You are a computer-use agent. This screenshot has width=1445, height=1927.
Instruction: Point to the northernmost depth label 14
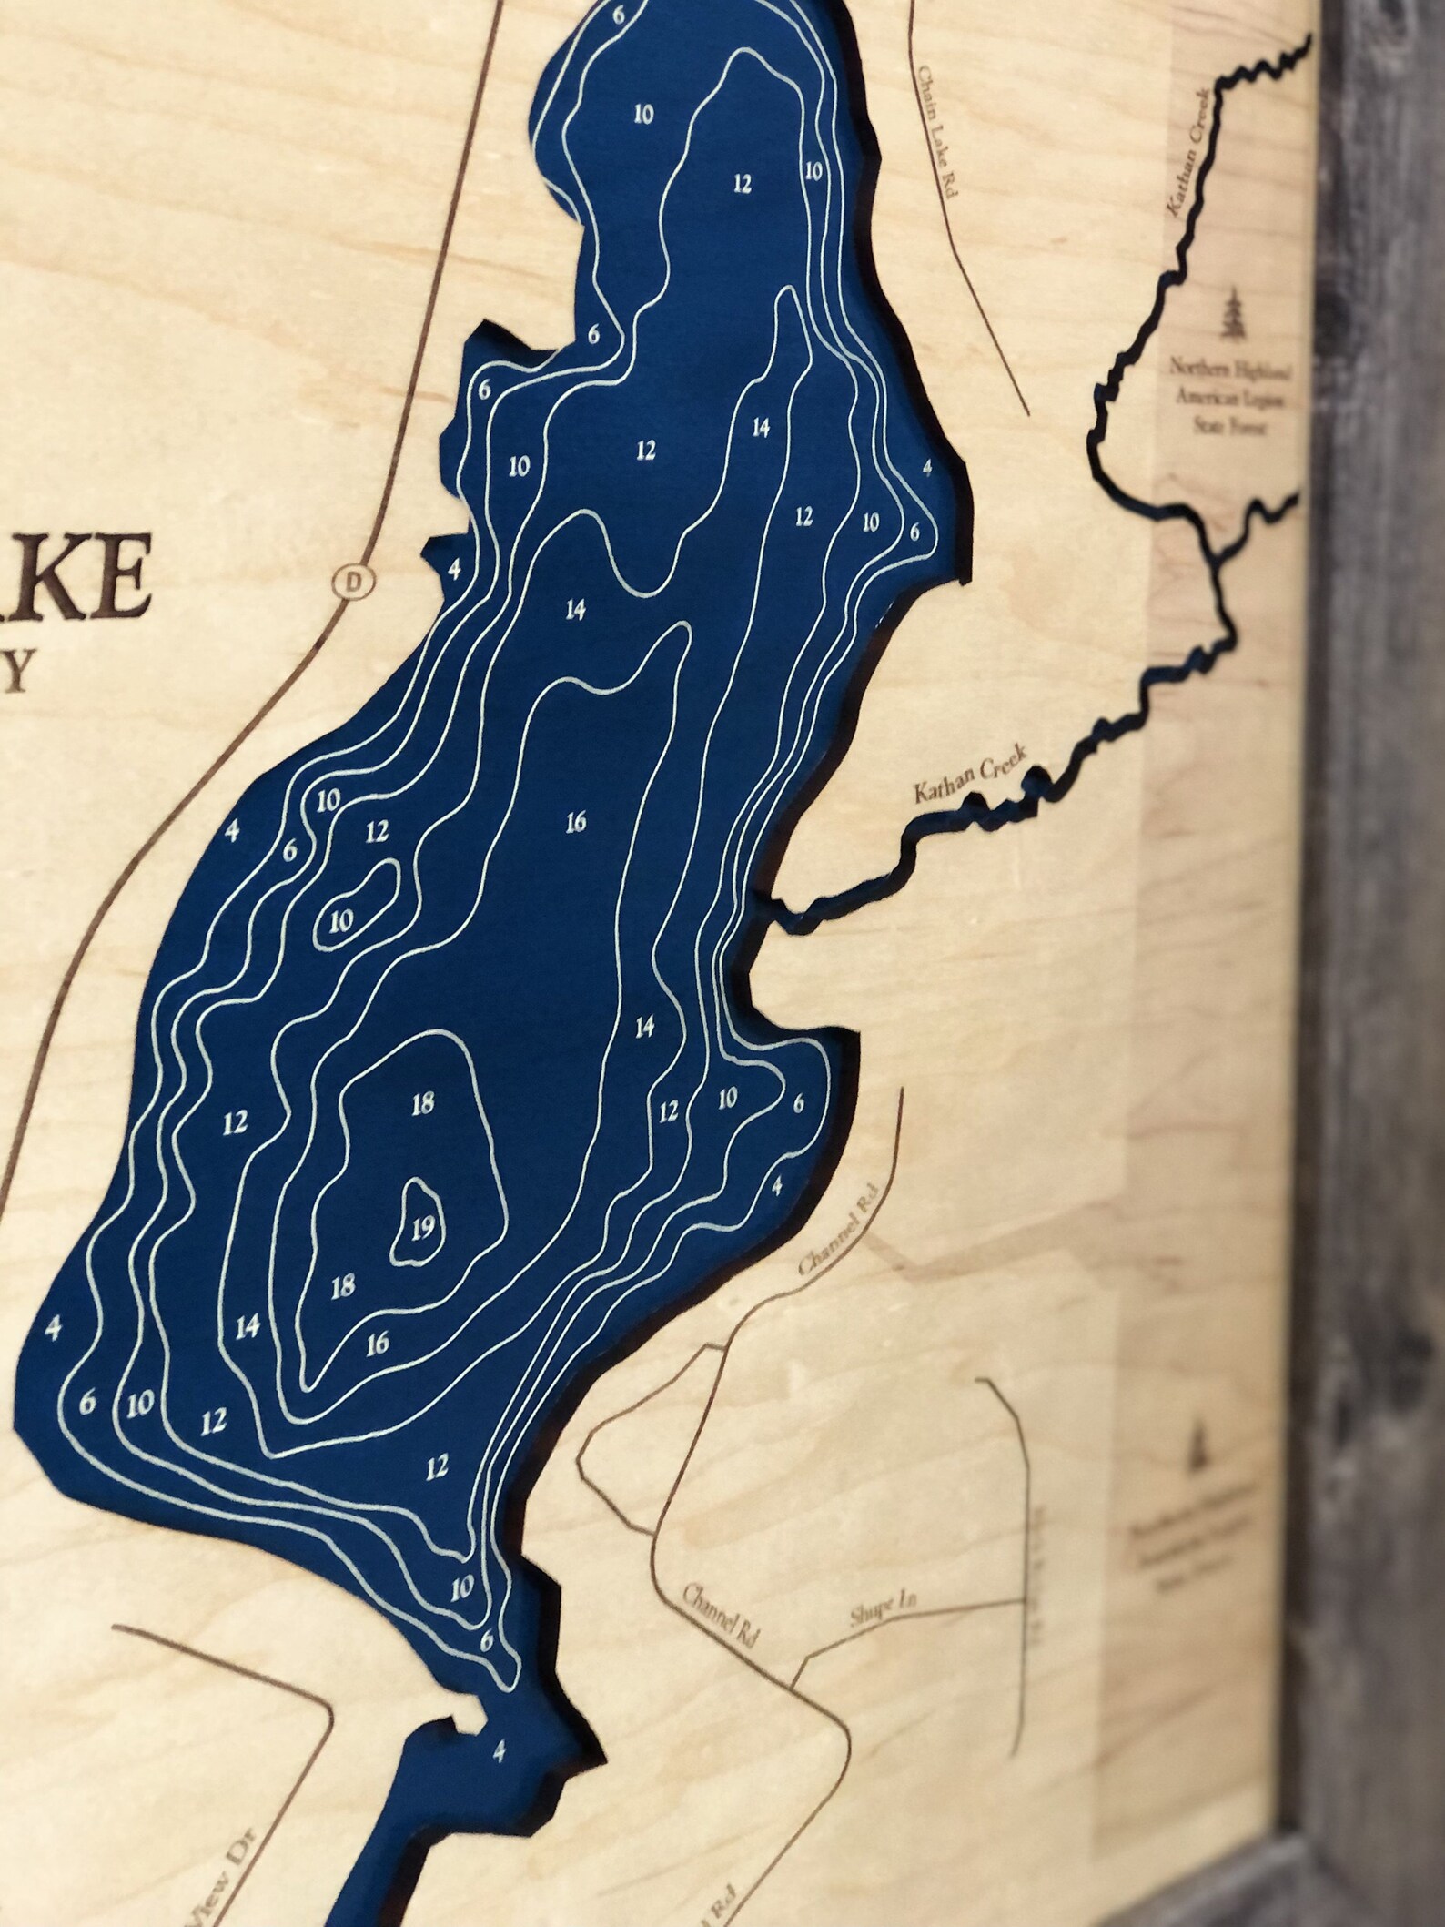tap(762, 427)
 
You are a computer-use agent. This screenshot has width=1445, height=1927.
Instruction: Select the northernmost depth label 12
tap(743, 185)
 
